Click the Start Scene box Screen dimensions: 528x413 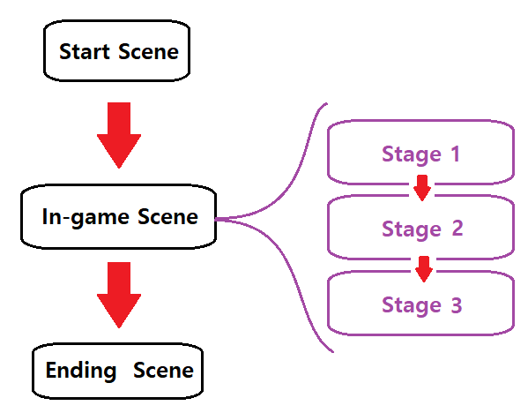[117, 50]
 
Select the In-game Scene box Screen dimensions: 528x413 [118, 217]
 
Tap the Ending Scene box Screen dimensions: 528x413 [117, 371]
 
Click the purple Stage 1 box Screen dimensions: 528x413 [420, 152]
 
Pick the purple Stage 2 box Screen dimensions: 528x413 [420, 227]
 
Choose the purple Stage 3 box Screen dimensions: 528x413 [420, 303]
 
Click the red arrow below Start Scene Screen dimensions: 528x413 [119, 135]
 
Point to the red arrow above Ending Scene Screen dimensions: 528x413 [119, 295]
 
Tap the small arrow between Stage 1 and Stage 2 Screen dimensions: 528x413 [422, 188]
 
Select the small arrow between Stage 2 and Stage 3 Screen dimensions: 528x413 [424, 269]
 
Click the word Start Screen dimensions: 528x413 [85, 51]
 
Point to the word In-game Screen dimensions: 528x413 [86, 217]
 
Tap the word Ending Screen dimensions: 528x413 [81, 371]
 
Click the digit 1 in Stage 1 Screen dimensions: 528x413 [455, 154]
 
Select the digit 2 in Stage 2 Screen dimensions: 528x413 [457, 229]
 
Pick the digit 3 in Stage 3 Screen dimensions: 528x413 [457, 304]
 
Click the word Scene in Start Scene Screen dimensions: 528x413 [148, 51]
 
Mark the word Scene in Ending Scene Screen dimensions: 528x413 [163, 370]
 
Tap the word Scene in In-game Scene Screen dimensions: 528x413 [167, 216]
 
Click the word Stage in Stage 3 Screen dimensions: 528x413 [412, 306]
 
